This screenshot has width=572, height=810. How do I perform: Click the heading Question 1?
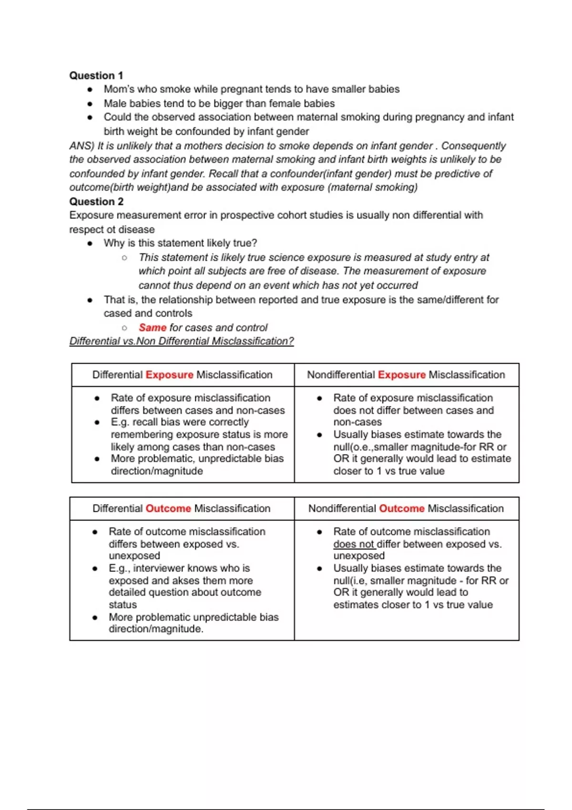pyautogui.click(x=96, y=75)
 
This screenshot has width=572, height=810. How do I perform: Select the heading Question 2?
pyautogui.click(x=96, y=202)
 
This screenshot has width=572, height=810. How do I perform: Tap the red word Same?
pyautogui.click(x=153, y=328)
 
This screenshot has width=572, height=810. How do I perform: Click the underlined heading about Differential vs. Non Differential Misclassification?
pyautogui.click(x=182, y=341)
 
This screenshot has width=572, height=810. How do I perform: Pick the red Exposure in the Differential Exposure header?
pyautogui.click(x=169, y=375)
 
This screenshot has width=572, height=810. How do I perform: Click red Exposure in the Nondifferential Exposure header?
pyautogui.click(x=401, y=375)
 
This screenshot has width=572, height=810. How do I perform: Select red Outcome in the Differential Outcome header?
pyautogui.click(x=168, y=509)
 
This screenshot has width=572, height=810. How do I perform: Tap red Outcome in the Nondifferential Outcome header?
pyautogui.click(x=401, y=509)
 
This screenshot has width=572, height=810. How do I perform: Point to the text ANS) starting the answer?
pyautogui.click(x=82, y=146)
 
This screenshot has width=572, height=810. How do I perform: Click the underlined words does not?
pyautogui.click(x=354, y=544)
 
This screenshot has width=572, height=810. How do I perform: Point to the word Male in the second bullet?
pyautogui.click(x=115, y=103)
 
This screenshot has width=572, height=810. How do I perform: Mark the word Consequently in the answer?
pyautogui.click(x=473, y=146)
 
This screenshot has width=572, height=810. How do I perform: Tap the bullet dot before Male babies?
pyautogui.click(x=90, y=103)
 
